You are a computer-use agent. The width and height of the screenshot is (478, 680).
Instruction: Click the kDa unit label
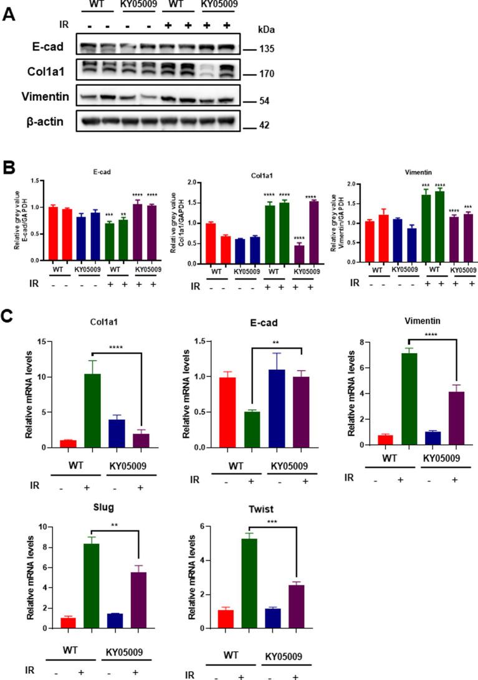pyautogui.click(x=267, y=29)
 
